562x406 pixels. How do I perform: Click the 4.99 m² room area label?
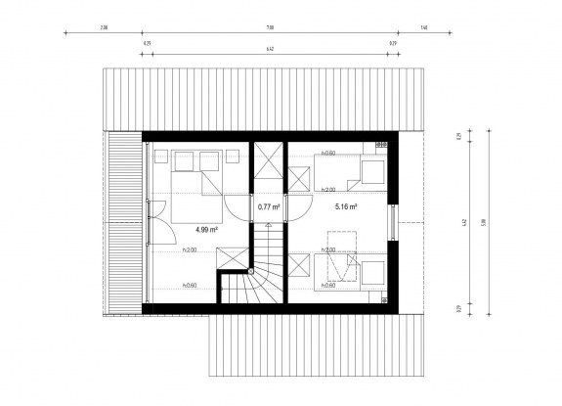pos(204,230)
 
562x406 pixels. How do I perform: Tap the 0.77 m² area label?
pos(268,207)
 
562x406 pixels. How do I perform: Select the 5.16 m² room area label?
pos(345,207)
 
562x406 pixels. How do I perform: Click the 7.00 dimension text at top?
pos(269,29)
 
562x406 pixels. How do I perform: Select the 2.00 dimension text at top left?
pos(104,29)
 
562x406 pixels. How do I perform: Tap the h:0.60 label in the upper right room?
pos(328,155)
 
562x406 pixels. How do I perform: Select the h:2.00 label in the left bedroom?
pos(190,251)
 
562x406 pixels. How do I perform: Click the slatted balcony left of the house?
pos(125,223)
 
